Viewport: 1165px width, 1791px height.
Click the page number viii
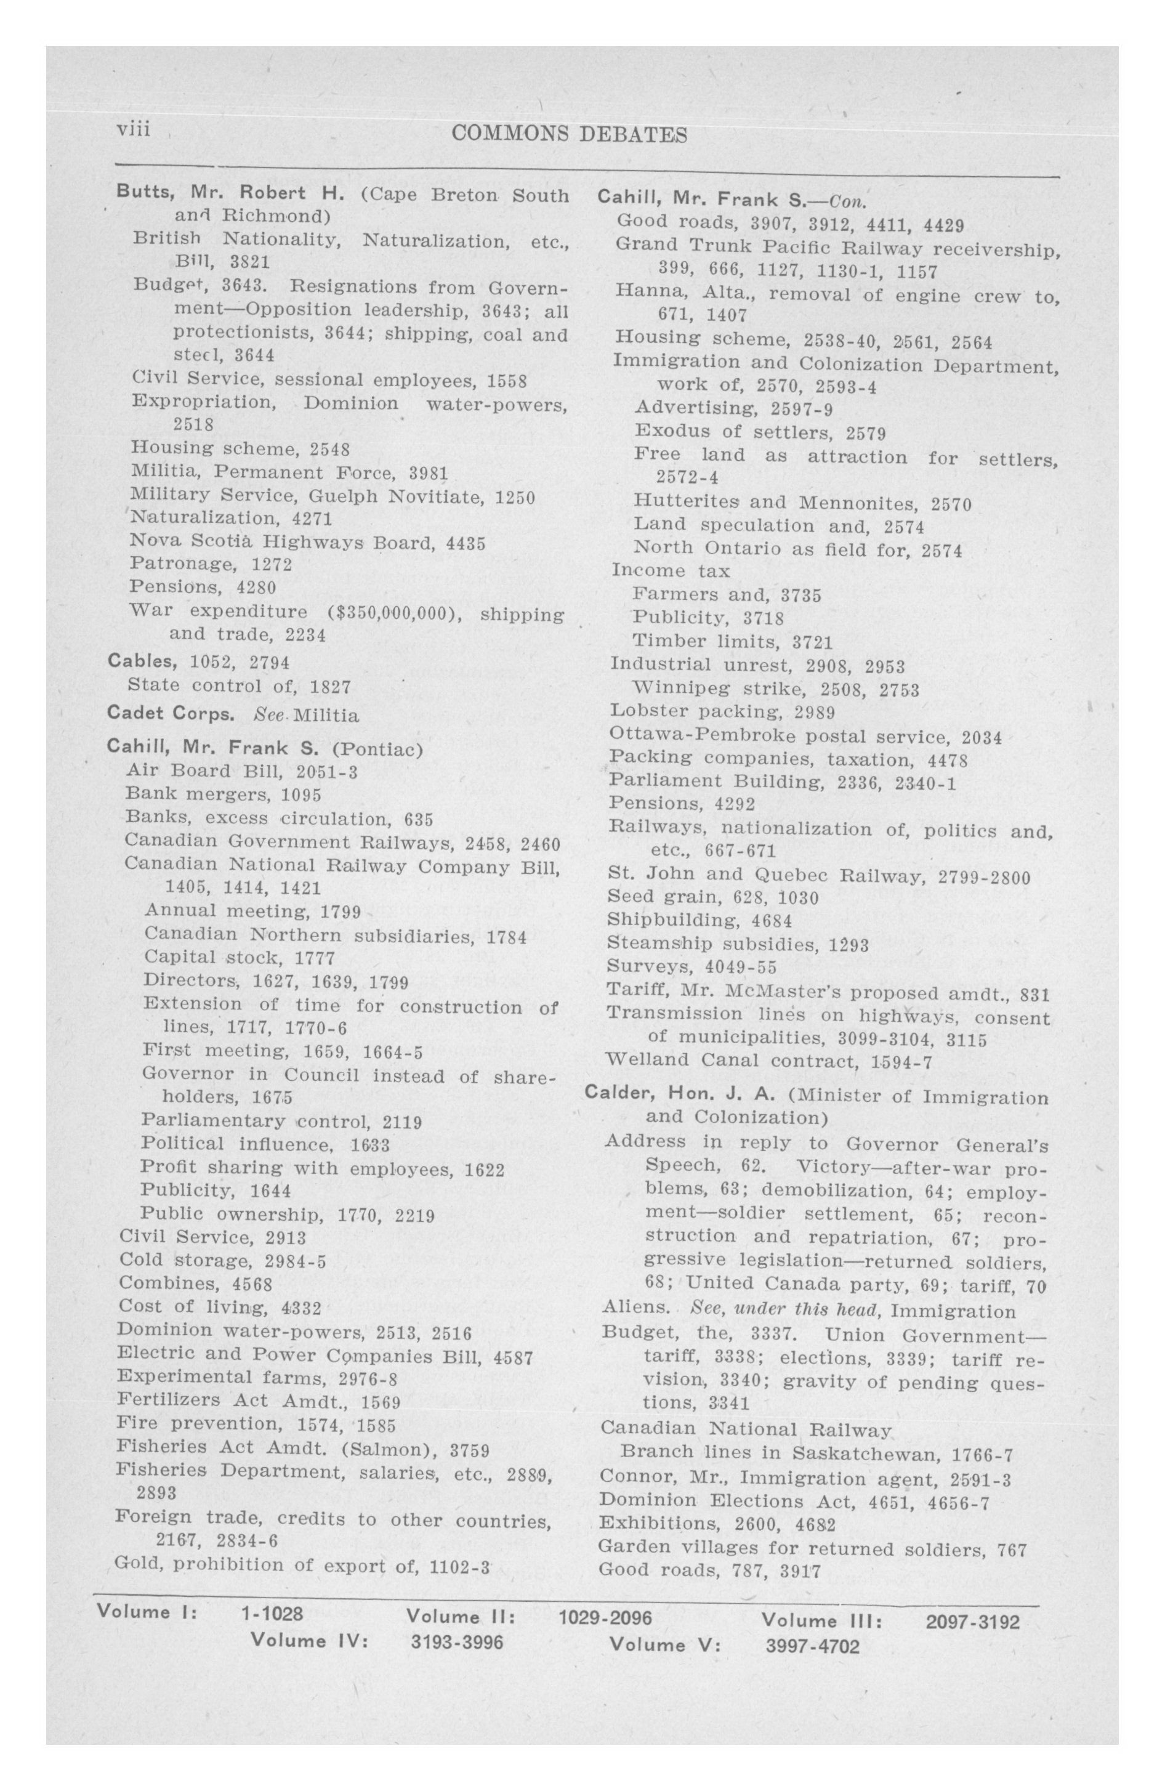pos(134,130)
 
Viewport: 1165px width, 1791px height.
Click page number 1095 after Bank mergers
pos(301,794)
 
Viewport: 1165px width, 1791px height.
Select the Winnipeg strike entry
pos(775,689)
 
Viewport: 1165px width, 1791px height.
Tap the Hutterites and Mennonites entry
pos(802,503)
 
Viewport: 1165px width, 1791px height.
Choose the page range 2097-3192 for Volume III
pos(972,1622)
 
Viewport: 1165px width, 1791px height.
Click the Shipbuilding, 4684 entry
pos(699,920)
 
